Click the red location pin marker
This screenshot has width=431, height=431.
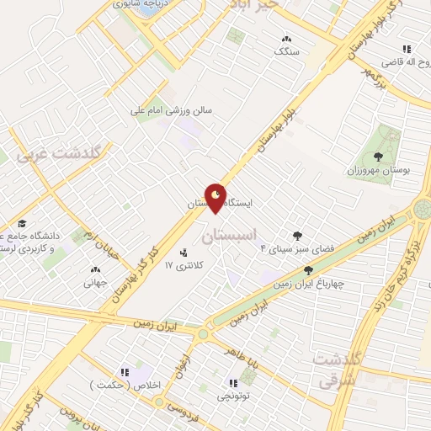[216, 199]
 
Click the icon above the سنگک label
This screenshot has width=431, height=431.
[286, 39]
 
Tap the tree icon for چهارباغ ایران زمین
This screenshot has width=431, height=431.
[308, 270]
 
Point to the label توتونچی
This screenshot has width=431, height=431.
[232, 395]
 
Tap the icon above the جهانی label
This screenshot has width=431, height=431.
[94, 270]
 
